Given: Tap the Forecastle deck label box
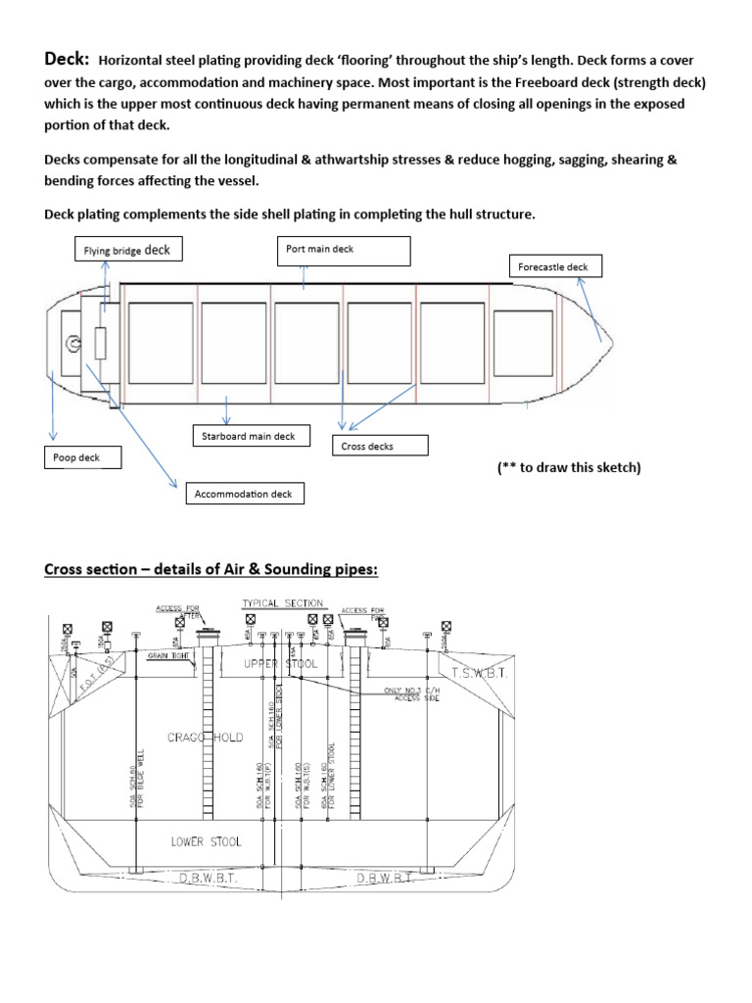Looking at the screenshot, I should (x=555, y=266).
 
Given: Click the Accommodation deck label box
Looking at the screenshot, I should (x=245, y=494).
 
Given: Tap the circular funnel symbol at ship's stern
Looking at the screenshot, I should (x=72, y=344).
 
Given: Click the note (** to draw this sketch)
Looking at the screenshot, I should (x=569, y=467).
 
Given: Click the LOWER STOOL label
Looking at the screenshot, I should (x=206, y=840).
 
